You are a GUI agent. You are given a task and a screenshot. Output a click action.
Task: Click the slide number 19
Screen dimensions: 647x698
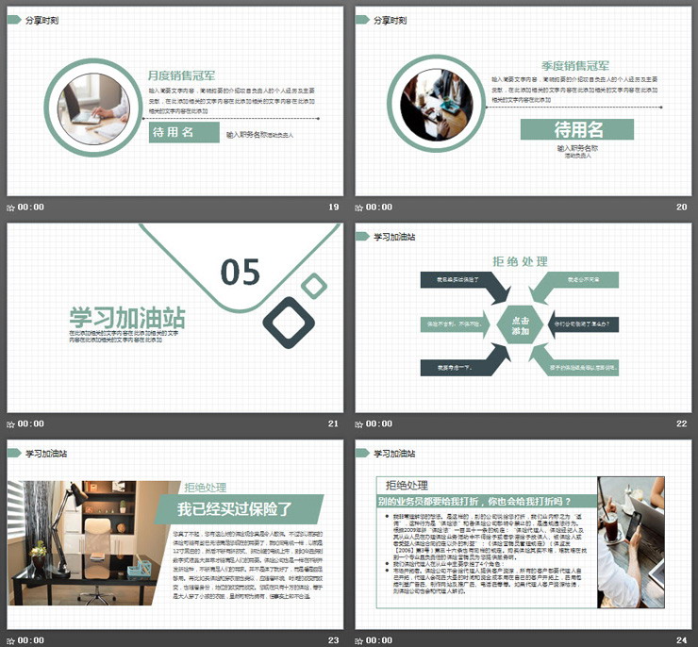coord(333,207)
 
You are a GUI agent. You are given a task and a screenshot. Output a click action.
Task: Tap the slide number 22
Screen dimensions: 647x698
coord(681,423)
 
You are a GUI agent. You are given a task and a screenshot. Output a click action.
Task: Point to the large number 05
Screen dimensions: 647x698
coord(241,272)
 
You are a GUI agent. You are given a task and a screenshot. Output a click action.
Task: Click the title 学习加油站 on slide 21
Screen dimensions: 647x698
coord(126,317)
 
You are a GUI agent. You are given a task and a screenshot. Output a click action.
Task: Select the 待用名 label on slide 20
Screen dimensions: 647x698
coord(577,130)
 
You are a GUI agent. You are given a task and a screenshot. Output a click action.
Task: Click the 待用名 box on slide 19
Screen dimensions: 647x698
coord(184,133)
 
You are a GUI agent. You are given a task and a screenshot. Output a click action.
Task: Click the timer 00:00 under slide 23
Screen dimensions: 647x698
coord(31,640)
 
